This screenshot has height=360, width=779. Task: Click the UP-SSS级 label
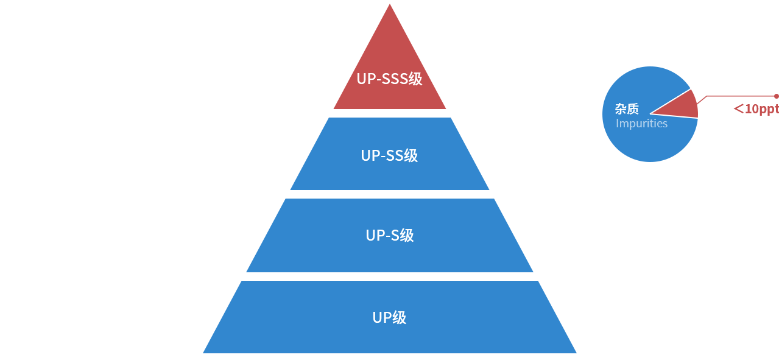389,79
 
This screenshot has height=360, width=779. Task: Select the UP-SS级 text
389,155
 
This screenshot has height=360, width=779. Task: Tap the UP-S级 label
390,235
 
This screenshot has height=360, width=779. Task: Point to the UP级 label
389,317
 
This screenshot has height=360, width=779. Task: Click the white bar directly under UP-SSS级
395,113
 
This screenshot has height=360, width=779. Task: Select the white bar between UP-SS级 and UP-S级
404,194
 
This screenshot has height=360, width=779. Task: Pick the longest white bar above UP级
394,277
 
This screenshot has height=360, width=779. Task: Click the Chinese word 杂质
627,109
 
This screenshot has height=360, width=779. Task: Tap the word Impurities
641,124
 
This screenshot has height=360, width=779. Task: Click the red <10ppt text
756,110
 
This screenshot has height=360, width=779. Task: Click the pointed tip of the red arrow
651,113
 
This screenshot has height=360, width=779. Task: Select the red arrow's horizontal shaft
738,99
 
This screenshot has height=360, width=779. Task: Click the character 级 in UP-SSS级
415,79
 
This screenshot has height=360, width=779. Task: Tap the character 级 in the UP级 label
399,317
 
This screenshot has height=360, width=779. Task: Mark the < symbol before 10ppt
738,110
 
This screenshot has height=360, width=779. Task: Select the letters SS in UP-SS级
396,155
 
